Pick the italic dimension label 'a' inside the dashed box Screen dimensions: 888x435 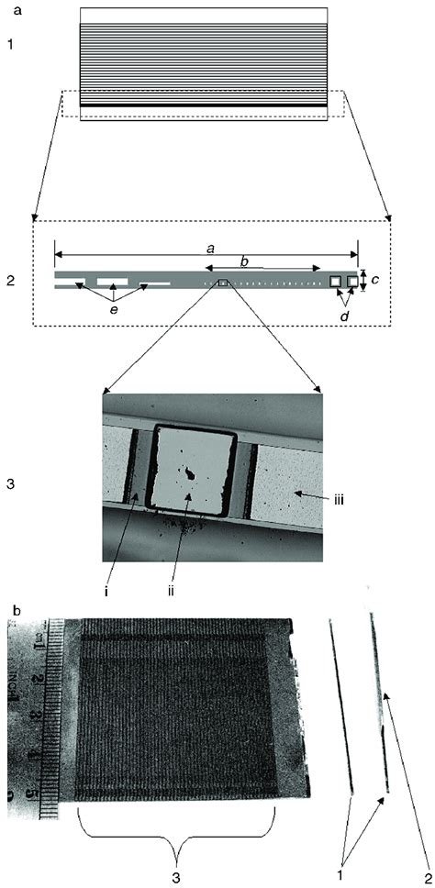click(212, 248)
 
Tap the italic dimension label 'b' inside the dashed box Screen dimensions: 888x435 click(243, 262)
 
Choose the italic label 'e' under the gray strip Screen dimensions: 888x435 click(112, 313)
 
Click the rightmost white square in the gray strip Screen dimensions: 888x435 click(352, 280)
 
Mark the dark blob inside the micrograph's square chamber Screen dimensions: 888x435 click(188, 475)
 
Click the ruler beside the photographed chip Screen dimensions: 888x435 click(33, 716)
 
